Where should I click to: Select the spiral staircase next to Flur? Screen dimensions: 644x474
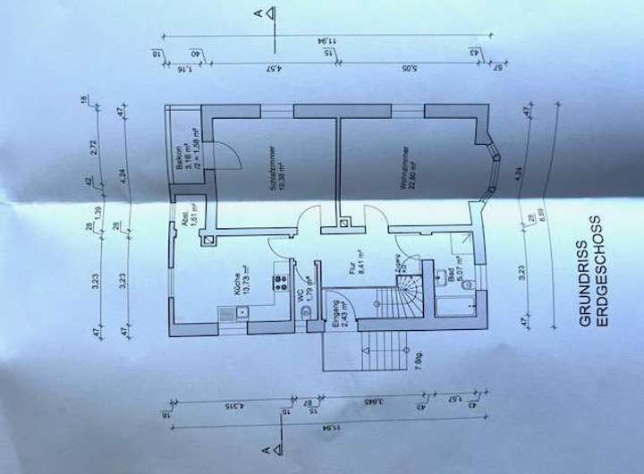tap(411, 292)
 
